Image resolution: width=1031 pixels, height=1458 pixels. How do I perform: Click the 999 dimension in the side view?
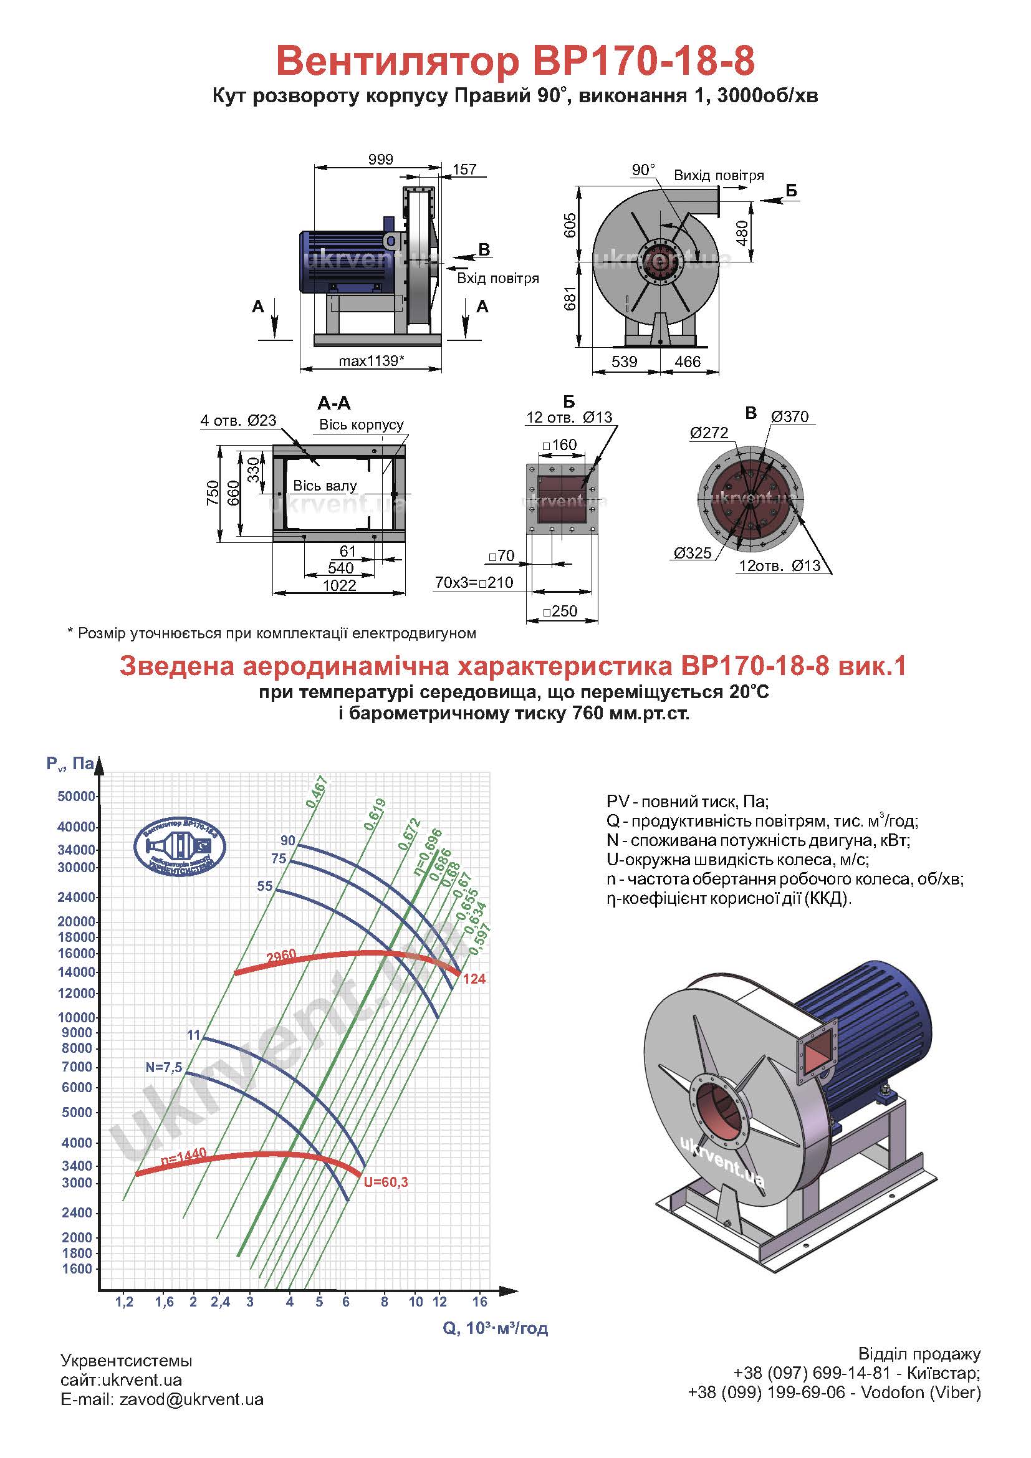[x=380, y=160]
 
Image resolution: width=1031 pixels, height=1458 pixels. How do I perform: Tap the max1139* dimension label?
[x=372, y=361]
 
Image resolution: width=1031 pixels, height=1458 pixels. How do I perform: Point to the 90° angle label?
[x=643, y=170]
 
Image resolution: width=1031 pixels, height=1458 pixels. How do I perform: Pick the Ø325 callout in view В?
[x=693, y=552]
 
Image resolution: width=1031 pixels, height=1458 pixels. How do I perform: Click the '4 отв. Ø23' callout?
[x=238, y=420]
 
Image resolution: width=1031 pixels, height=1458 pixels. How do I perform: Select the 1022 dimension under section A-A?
[x=340, y=585]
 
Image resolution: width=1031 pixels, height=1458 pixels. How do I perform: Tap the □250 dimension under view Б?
[x=560, y=611]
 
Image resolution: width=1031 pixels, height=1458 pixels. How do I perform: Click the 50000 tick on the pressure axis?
[x=76, y=796]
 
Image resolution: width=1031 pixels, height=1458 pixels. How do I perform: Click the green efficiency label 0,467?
[x=316, y=792]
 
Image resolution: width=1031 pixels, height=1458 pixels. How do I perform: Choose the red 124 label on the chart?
[x=474, y=979]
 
